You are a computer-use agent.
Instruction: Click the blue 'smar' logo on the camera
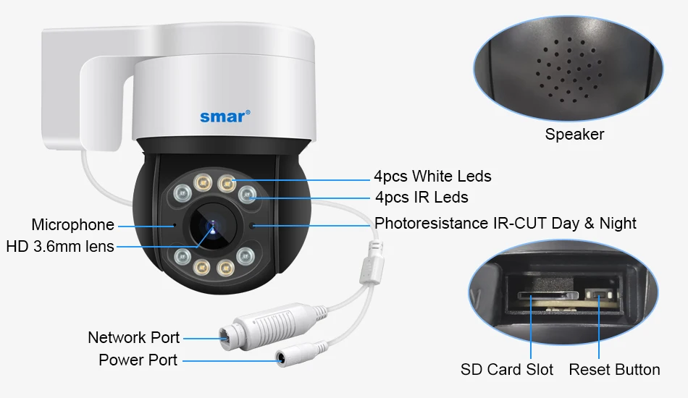click(225, 116)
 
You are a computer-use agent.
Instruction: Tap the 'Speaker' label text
click(574, 134)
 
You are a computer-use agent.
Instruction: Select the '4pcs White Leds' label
click(432, 176)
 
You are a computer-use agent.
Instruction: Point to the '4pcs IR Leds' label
click(421, 197)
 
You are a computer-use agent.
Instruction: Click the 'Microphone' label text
click(72, 224)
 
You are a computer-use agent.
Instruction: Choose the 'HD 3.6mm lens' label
click(60, 246)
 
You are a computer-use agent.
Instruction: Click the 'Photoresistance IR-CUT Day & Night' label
click(505, 223)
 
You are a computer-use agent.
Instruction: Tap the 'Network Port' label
click(133, 337)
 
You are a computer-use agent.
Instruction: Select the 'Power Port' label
click(138, 360)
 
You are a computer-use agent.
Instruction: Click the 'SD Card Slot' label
click(507, 370)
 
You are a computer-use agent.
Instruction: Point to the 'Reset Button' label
click(614, 370)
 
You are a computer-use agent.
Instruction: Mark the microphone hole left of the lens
click(174, 224)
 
